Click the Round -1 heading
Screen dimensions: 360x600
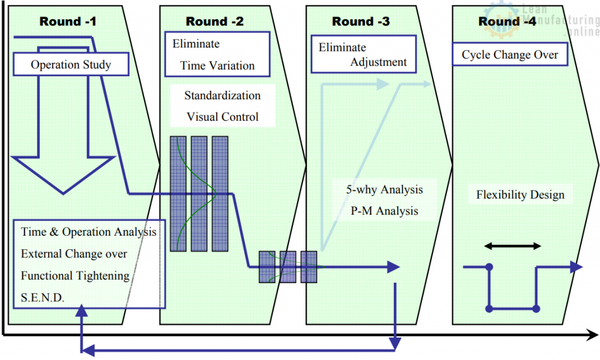click(x=68, y=22)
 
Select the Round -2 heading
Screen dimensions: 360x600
click(x=214, y=22)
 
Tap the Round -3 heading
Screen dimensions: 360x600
click(x=360, y=22)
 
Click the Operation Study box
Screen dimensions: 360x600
click(x=70, y=64)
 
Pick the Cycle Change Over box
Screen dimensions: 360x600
click(x=510, y=55)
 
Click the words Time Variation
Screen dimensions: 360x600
click(x=217, y=66)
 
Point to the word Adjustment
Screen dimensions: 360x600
click(x=378, y=62)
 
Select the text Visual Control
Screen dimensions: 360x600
click(x=222, y=117)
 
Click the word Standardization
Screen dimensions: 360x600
click(x=222, y=96)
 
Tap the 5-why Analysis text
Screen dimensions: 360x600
click(x=384, y=190)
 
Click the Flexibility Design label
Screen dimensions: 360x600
click(x=520, y=195)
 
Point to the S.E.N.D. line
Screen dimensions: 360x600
click(x=43, y=298)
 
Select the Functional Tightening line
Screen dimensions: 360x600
click(x=75, y=276)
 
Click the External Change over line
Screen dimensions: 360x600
click(x=74, y=254)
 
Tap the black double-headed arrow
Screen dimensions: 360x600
click(x=512, y=246)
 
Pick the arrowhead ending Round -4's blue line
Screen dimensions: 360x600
click(x=577, y=267)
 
